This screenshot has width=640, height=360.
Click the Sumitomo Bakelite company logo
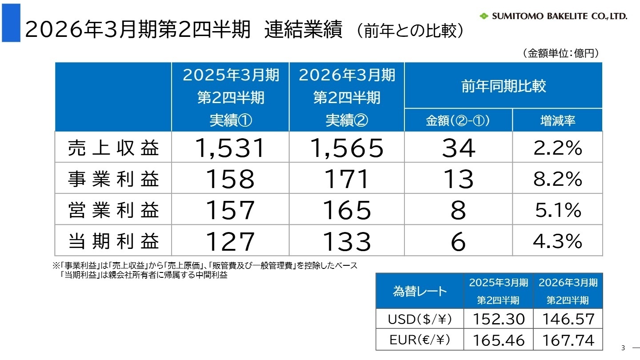point(553,16)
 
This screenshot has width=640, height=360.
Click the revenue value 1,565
point(347,148)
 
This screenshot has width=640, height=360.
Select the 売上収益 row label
point(113,148)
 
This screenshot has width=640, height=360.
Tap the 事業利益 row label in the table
point(113,179)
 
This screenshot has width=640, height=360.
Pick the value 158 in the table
point(230,179)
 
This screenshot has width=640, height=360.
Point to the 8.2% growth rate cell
point(558,179)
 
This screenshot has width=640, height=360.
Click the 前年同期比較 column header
point(504,86)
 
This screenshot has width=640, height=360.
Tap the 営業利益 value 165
point(347,210)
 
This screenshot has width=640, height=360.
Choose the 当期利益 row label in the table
point(113,241)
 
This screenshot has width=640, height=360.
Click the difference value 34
point(458,148)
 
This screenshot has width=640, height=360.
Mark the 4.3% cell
point(558,241)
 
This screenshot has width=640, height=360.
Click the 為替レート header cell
point(420,291)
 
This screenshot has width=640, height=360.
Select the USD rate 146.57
point(568,319)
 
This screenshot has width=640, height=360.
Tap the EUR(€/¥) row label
point(420,340)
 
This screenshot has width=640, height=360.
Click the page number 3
point(623,348)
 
